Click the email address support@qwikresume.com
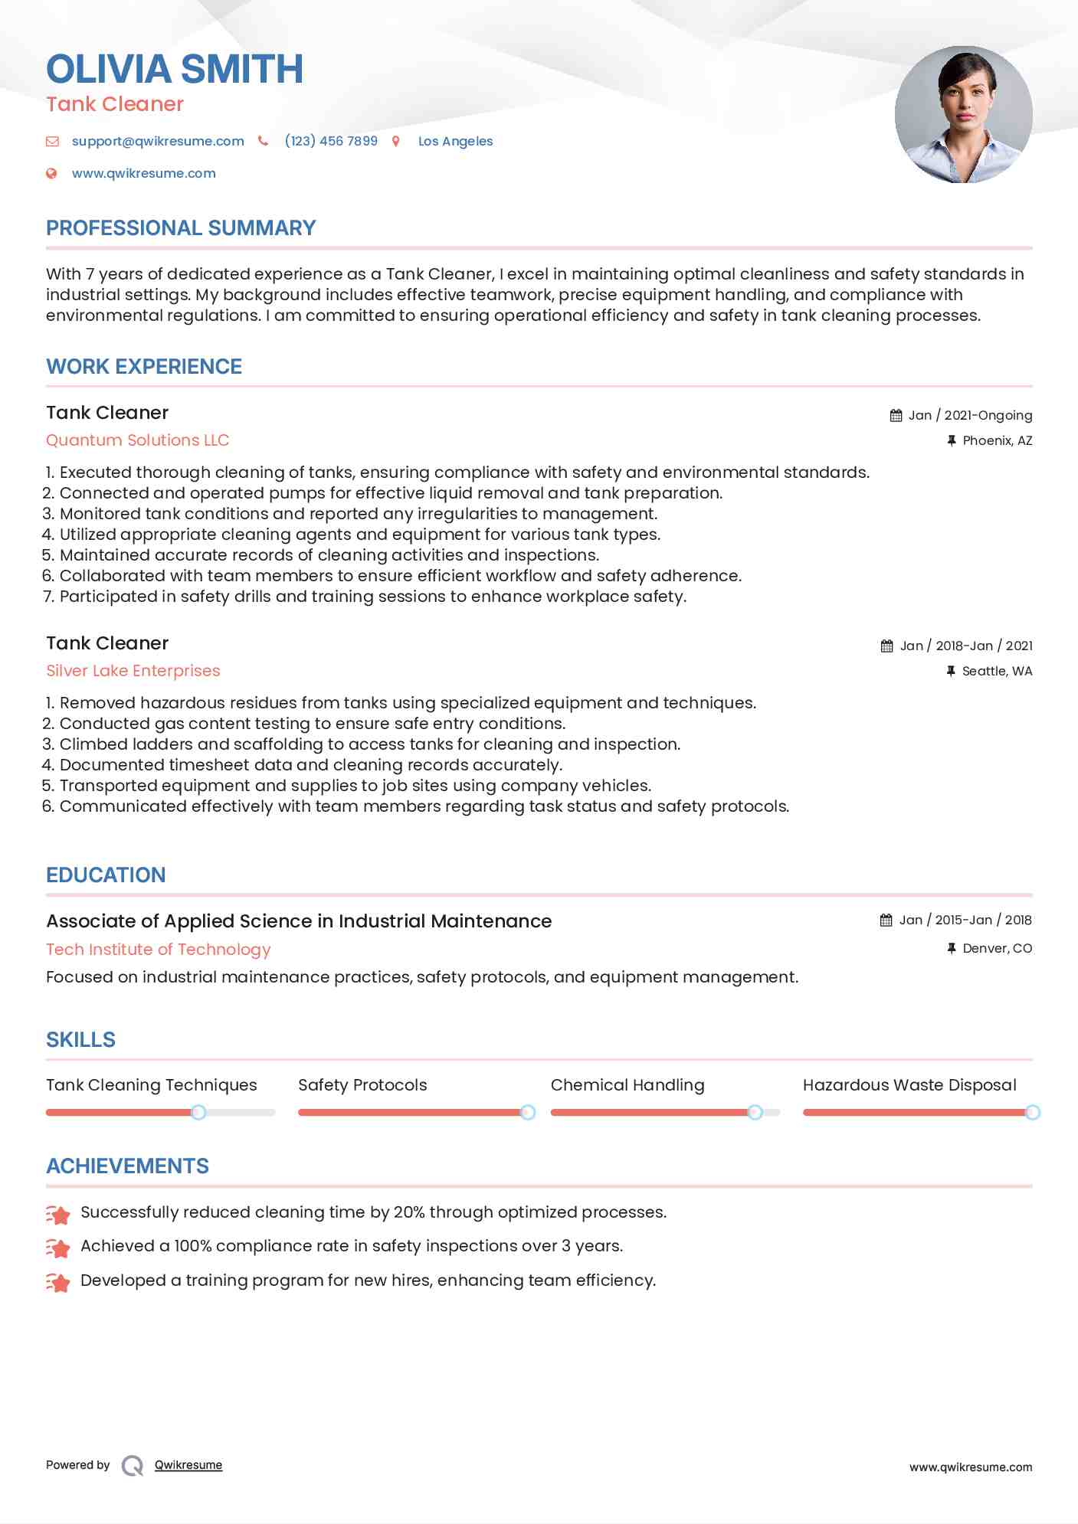pyautogui.click(x=158, y=141)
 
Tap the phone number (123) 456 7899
pyautogui.click(x=331, y=141)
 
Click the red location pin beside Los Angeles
pyautogui.click(x=396, y=141)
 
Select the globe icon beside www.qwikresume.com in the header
pyautogui.click(x=51, y=173)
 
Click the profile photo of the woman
pyautogui.click(x=963, y=114)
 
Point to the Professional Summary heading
pyautogui.click(x=181, y=228)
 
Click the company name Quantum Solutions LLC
pyautogui.click(x=138, y=440)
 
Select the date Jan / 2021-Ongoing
pyautogui.click(x=970, y=415)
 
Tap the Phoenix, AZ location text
pyautogui.click(x=997, y=440)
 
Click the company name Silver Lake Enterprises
pyautogui.click(x=133, y=671)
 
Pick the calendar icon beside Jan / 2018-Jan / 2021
pyautogui.click(x=886, y=646)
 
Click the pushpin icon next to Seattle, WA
pyautogui.click(x=951, y=671)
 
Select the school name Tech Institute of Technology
pyautogui.click(x=159, y=950)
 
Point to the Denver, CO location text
pyautogui.click(x=997, y=948)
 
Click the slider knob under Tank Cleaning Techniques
pyautogui.click(x=198, y=1112)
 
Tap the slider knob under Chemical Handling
pyautogui.click(x=755, y=1112)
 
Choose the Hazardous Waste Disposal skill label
pyautogui.click(x=909, y=1085)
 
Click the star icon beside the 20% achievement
pyautogui.click(x=58, y=1214)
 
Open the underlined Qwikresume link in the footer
pyautogui.click(x=188, y=1465)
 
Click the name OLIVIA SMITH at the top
pyautogui.click(x=175, y=69)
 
